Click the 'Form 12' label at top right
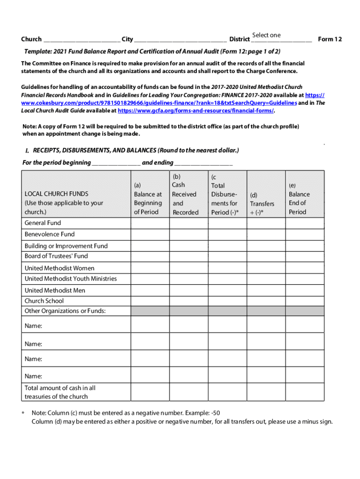(330, 39)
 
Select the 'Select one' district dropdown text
(266, 35)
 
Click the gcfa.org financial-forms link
(195, 111)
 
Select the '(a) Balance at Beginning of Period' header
(148, 199)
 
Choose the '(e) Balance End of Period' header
(299, 199)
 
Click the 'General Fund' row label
(43, 223)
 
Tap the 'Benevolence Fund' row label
(50, 234)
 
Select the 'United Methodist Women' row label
(59, 269)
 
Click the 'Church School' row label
(44, 301)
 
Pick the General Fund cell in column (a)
(150, 223)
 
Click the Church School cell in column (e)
(304, 301)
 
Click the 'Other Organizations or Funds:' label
(65, 311)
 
